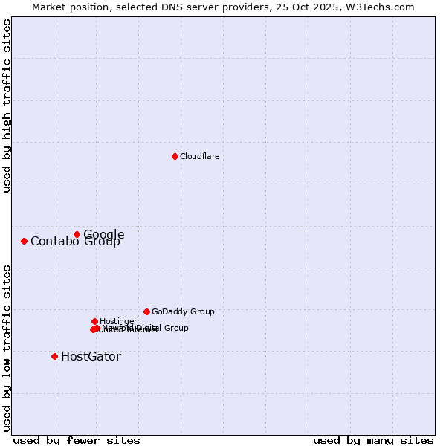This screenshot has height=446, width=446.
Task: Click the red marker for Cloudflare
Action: pyautogui.click(x=175, y=156)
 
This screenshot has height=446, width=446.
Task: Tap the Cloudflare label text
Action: pyautogui.click(x=199, y=156)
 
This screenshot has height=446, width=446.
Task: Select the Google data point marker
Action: pyautogui.click(x=77, y=234)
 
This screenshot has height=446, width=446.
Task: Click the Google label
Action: pyautogui.click(x=104, y=234)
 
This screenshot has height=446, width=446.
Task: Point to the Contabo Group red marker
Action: pyautogui.click(x=24, y=241)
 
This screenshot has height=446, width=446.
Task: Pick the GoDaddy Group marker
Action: pyautogui.click(x=146, y=311)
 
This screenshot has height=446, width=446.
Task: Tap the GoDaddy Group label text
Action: pyautogui.click(x=183, y=311)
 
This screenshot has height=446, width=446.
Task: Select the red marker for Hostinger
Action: pyautogui.click(x=94, y=321)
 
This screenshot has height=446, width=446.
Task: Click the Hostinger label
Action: pyautogui.click(x=118, y=321)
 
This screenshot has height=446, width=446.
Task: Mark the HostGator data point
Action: pyautogui.click(x=54, y=356)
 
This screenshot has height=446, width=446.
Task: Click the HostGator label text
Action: pyautogui.click(x=91, y=356)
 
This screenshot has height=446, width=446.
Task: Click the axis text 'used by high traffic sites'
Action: pyautogui.click(x=7, y=106)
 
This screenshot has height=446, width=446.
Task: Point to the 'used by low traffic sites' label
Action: pyautogui.click(x=7, y=347)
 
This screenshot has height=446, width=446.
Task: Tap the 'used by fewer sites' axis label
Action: pyautogui.click(x=77, y=440)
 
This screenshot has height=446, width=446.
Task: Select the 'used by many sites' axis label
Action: pyautogui.click(x=373, y=440)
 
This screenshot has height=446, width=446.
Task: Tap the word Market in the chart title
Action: pyautogui.click(x=48, y=7)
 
